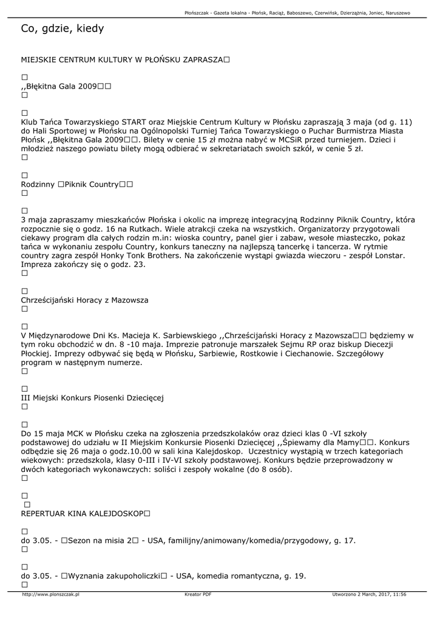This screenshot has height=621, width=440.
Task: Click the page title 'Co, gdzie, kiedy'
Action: coord(63,29)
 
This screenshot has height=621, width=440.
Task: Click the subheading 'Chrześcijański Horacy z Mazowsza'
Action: coord(84,300)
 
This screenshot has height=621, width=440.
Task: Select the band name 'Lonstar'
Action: coord(385,256)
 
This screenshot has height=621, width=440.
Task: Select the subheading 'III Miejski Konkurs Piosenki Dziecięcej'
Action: coord(92,398)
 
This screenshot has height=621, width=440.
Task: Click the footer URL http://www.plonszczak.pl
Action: coord(50,594)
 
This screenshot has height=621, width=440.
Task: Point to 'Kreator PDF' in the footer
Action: coord(198,594)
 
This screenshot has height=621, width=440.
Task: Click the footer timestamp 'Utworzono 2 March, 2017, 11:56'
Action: coord(369,594)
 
